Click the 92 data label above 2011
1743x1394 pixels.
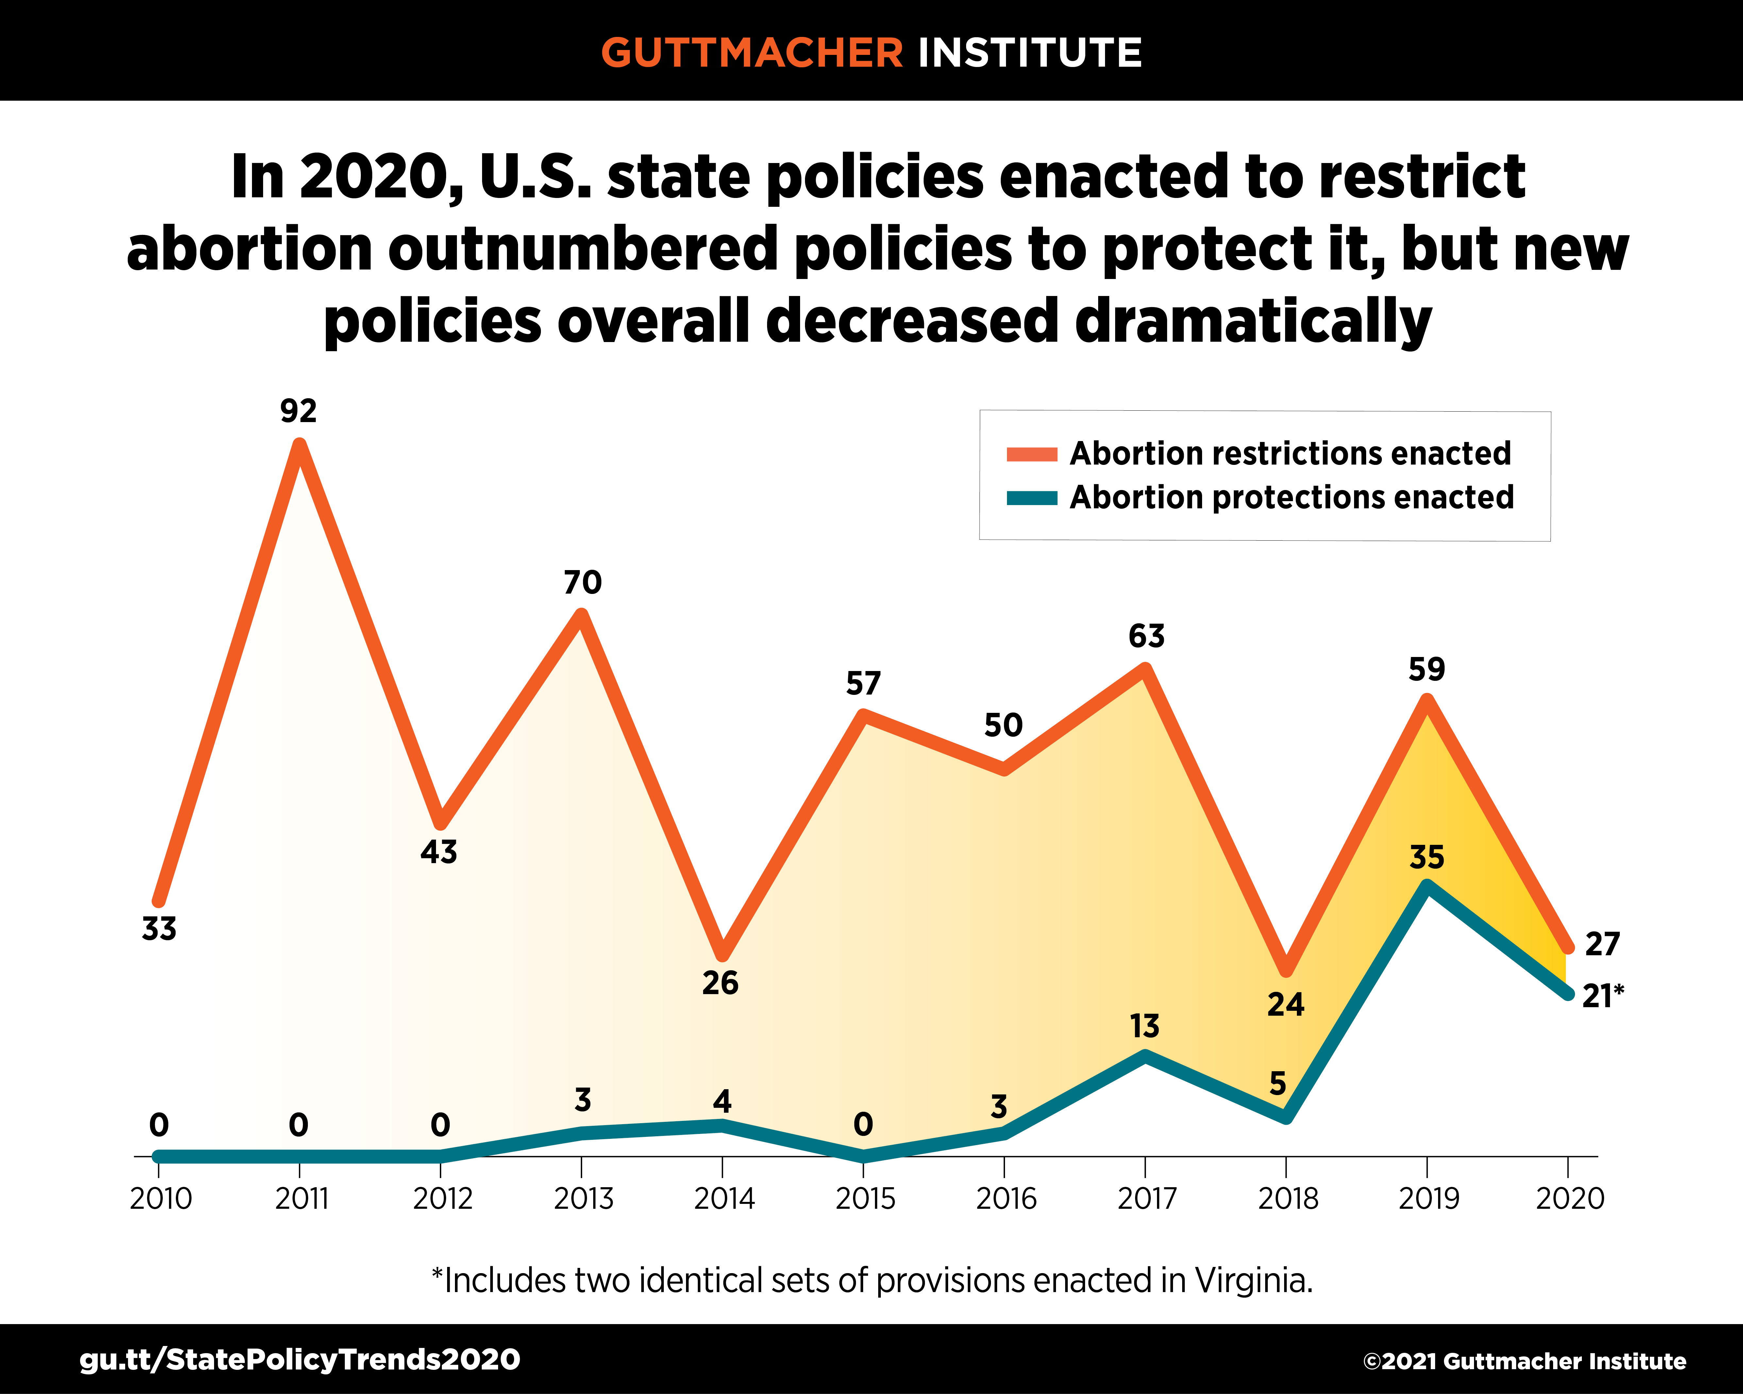pyautogui.click(x=298, y=411)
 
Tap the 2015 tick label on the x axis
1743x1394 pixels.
pyautogui.click(x=865, y=1198)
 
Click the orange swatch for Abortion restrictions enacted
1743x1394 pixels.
pyautogui.click(x=1031, y=454)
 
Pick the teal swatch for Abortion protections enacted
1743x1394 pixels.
pyautogui.click(x=1031, y=498)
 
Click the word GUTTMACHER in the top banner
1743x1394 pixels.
pyautogui.click(x=752, y=53)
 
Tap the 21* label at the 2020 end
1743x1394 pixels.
pyautogui.click(x=1602, y=996)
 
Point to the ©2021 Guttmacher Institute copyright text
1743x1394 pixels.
pyautogui.click(x=1524, y=1362)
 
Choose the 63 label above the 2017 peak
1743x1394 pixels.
pyautogui.click(x=1147, y=637)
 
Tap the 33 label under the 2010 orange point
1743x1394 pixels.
pyautogui.click(x=159, y=929)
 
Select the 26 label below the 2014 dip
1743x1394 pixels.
pyautogui.click(x=720, y=983)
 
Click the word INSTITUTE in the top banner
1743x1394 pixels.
pyautogui.click(x=1029, y=53)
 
